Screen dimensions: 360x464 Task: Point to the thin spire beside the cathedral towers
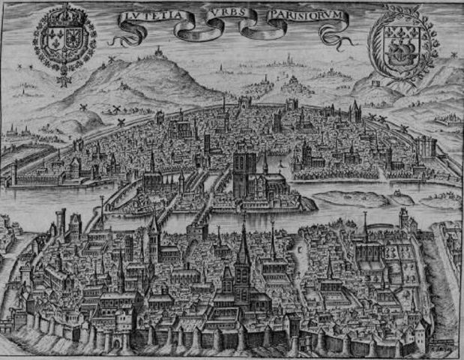(x=265, y=160)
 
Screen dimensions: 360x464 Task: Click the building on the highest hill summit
(x=157, y=52)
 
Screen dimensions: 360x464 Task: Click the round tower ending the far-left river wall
(x=13, y=174)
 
